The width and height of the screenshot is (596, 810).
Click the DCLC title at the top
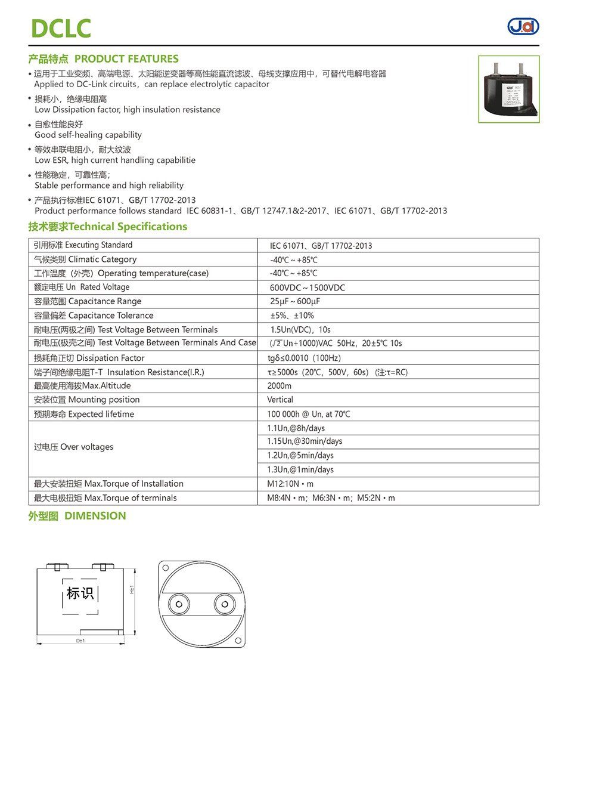click(61, 28)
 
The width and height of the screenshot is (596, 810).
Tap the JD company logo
click(523, 26)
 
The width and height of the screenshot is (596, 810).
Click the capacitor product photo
click(508, 89)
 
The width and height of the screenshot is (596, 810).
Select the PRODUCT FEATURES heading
click(103, 59)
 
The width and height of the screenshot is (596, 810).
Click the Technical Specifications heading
click(107, 227)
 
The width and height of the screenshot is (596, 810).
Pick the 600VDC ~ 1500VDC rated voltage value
click(307, 287)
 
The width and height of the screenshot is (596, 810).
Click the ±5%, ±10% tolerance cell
click(292, 316)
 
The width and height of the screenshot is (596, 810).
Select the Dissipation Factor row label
click(89, 358)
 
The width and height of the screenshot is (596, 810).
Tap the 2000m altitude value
click(280, 386)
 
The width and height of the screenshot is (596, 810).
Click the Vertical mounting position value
click(280, 400)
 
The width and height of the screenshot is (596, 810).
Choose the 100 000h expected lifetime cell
click(308, 414)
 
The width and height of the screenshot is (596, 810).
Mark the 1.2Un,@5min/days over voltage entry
click(300, 456)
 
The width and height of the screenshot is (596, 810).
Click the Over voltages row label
click(73, 447)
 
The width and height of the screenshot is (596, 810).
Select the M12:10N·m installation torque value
click(290, 484)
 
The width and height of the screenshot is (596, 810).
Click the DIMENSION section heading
click(77, 516)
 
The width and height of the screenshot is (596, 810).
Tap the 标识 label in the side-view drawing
click(80, 593)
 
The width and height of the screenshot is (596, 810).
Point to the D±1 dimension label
click(80, 641)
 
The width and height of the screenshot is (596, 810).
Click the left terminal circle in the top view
click(178, 604)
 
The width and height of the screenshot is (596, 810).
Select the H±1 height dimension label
click(132, 589)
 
